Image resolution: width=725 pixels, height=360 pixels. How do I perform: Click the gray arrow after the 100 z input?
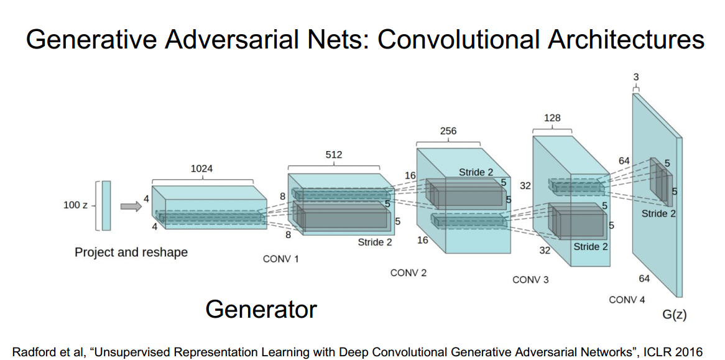click(131, 206)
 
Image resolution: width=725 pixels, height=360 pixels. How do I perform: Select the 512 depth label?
click(333, 154)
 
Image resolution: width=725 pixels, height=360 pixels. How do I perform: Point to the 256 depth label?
click(448, 131)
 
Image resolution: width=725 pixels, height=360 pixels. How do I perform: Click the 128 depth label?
click(552, 118)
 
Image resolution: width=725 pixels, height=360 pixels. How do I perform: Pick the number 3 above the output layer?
click(635, 76)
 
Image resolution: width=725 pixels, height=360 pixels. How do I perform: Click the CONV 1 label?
click(281, 259)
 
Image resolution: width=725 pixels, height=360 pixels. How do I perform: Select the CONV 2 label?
click(409, 273)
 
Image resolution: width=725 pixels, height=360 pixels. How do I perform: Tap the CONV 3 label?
click(530, 280)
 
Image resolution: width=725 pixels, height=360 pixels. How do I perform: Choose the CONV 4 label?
click(627, 300)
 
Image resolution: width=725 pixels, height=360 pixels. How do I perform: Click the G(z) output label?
click(674, 315)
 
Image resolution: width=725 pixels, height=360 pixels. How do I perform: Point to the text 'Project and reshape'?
click(131, 252)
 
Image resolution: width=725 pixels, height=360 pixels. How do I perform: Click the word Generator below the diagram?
click(261, 308)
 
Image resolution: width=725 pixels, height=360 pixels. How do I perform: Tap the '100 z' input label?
click(75, 205)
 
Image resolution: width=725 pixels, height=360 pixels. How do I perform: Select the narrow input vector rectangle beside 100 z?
click(106, 206)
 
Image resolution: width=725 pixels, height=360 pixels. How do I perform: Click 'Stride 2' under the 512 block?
click(375, 242)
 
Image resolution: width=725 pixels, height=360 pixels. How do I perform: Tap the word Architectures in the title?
click(626, 40)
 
